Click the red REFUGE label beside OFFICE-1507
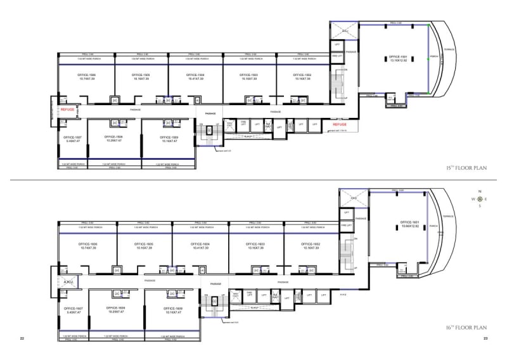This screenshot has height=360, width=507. coord(67,110)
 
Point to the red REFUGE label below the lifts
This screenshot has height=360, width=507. coord(340,124)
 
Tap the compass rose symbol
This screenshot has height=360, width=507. coord(480,198)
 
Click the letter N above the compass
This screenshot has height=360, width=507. coord(480,191)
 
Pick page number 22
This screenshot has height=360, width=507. coord(22,339)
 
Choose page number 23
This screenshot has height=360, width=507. coord(485,339)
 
